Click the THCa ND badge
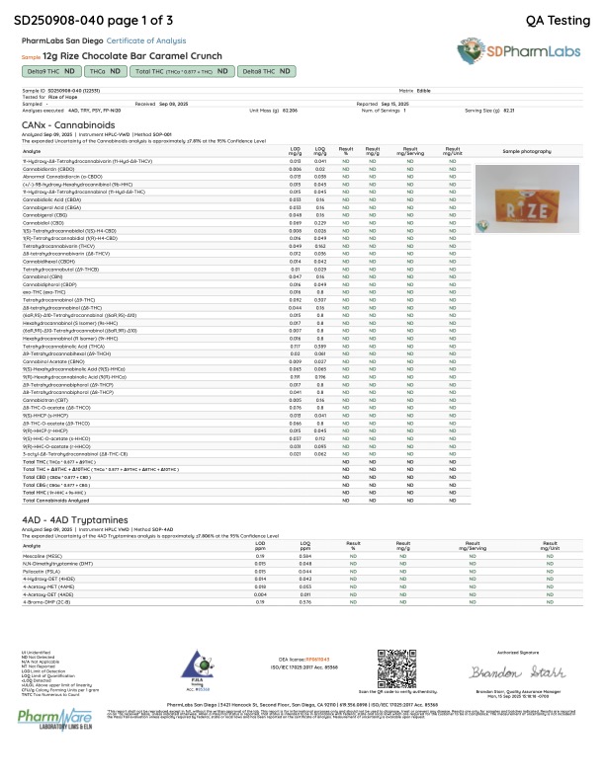[106, 72]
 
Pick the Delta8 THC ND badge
[268, 72]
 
